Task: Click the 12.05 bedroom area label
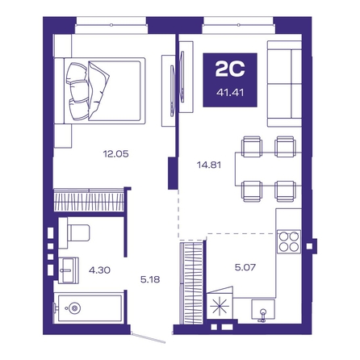tap(115, 154)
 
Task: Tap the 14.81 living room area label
tap(209, 165)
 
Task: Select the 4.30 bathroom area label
tap(99, 270)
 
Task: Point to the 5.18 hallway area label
tap(150, 279)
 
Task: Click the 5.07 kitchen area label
tap(245, 267)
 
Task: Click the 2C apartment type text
tap(230, 69)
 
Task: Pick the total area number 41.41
tap(230, 93)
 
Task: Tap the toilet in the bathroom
tap(75, 233)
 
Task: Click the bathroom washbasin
tap(69, 270)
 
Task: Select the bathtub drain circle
tap(74, 308)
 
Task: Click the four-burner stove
tap(289, 241)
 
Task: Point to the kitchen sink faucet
tap(262, 316)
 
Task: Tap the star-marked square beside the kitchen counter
tap(219, 306)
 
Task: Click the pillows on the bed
tap(86, 90)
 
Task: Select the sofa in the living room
tap(284, 84)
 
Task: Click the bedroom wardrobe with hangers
tap(89, 200)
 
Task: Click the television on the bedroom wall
tap(172, 90)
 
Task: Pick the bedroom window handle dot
tap(111, 25)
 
